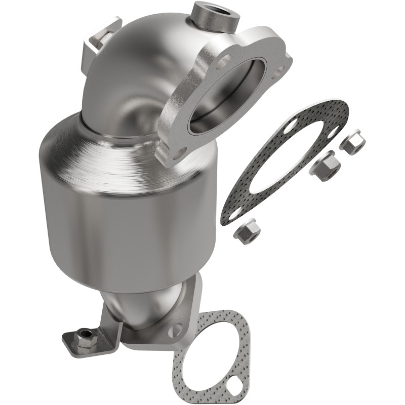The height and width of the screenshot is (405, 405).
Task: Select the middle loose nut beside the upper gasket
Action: click(325, 163)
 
